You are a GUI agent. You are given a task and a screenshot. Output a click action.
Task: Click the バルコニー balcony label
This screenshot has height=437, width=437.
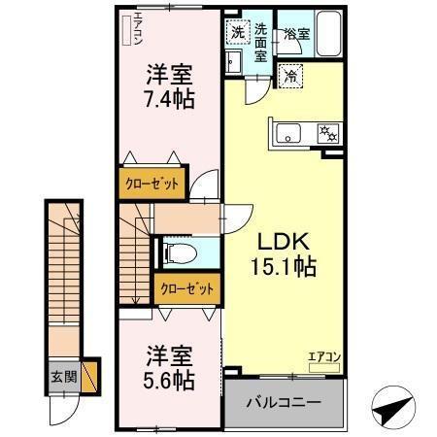(x=283, y=400)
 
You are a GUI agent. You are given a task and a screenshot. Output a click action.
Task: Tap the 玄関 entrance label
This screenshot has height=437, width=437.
(x=63, y=376)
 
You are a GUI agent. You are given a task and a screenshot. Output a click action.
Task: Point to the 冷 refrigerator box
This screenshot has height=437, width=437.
(x=289, y=74)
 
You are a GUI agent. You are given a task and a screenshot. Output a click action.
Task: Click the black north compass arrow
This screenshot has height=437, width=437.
(x=394, y=406)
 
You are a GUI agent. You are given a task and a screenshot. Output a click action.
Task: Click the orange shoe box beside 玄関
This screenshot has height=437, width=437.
(x=90, y=376)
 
